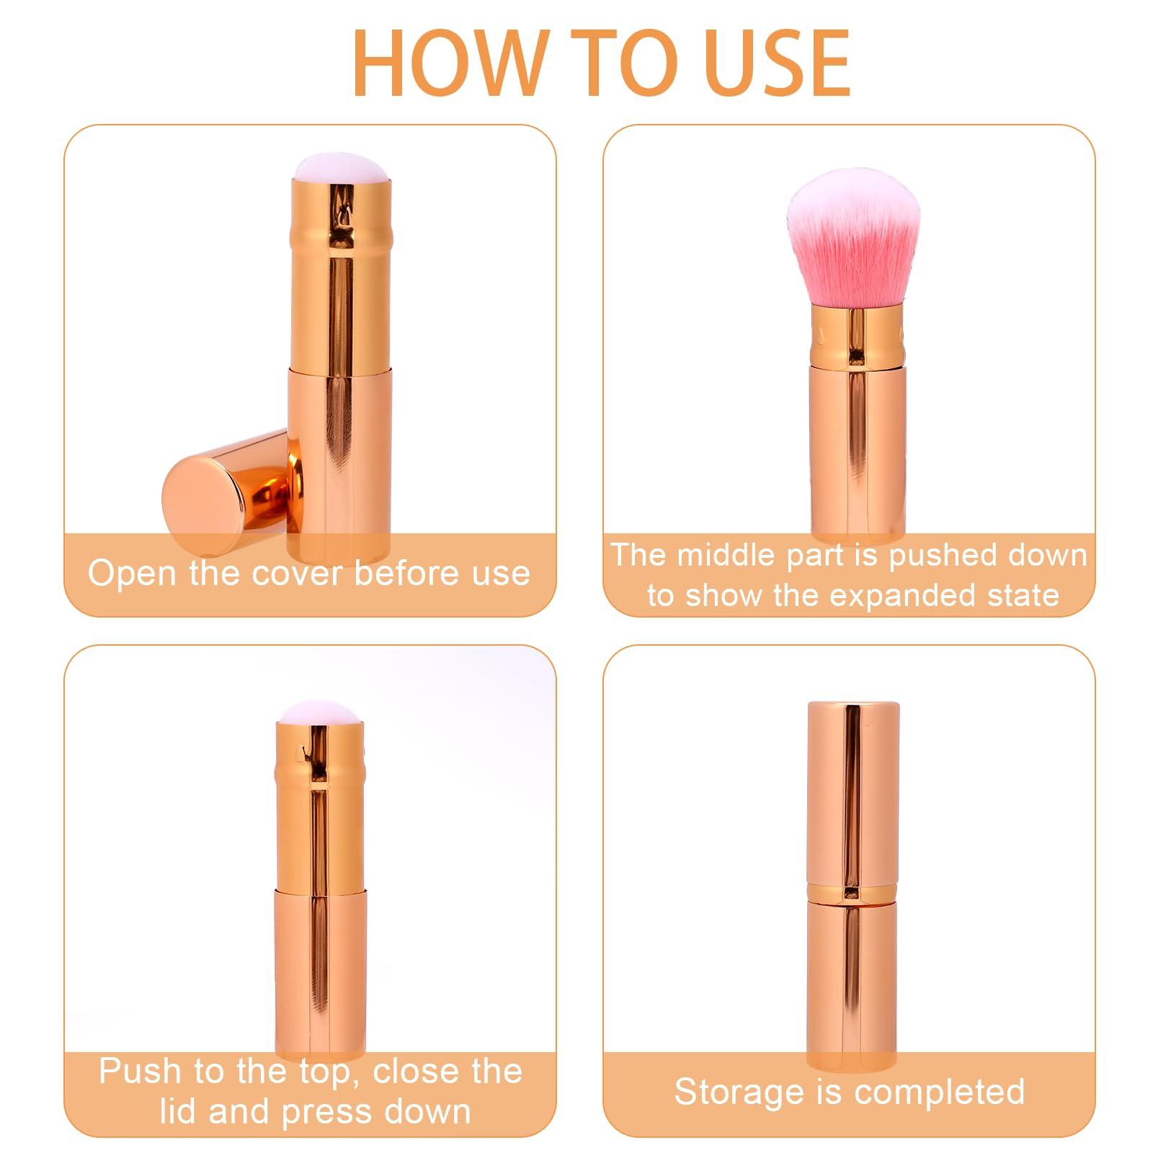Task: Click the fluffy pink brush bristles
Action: click(855, 238)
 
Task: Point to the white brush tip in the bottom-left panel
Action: click(321, 713)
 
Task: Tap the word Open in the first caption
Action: click(134, 574)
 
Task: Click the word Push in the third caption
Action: click(141, 1071)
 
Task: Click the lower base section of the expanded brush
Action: click(855, 454)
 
